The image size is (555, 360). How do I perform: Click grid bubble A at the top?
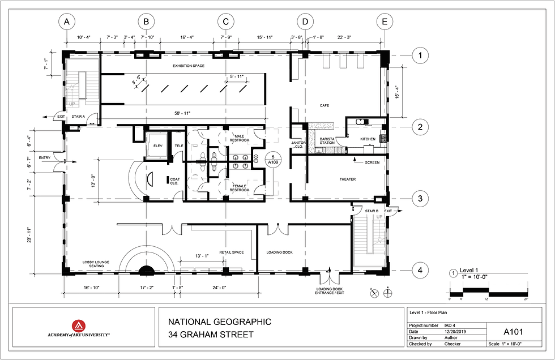pos(67,22)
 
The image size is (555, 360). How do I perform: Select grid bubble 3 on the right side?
pos(420,199)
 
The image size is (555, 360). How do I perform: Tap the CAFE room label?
pos(324,105)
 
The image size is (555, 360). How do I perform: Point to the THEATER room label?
pos(347,179)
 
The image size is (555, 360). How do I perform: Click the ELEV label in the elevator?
pos(158,146)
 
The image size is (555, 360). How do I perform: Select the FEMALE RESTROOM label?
pos(239,188)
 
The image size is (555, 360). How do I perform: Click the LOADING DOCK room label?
pos(279,252)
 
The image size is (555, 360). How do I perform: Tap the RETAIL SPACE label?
pos(232,252)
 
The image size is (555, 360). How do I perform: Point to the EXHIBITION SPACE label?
pos(189,66)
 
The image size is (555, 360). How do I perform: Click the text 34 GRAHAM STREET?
pos(211,335)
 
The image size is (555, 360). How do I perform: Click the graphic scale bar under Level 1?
pos(488,292)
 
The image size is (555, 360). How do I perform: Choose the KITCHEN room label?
pos(368,139)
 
